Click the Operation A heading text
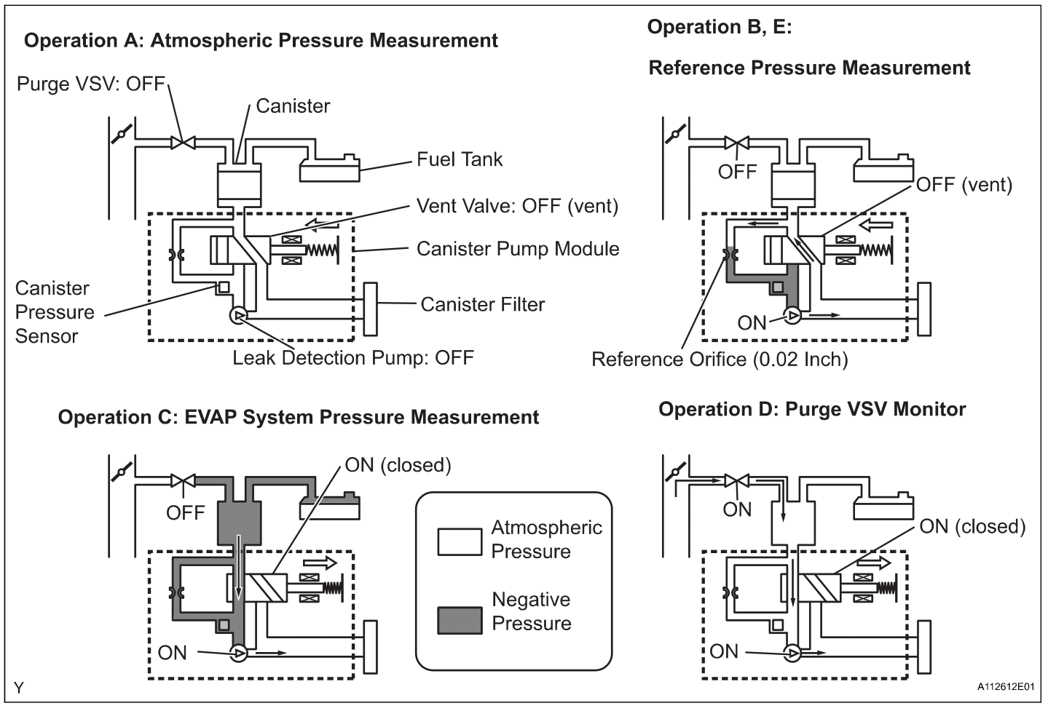point(261,41)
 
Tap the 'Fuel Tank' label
point(459,159)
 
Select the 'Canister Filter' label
point(482,304)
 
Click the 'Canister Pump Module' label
point(517,249)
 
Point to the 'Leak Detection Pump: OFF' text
point(352,358)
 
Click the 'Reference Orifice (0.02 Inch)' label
point(719,360)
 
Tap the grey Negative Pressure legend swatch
point(459,620)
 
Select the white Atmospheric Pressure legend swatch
point(459,542)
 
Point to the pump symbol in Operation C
point(238,654)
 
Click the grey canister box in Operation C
point(239,524)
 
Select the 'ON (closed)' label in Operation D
point(972,526)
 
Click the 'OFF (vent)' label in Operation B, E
point(964,185)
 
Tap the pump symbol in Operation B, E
point(792,316)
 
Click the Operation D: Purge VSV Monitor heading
point(811,409)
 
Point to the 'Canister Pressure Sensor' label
point(55,312)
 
